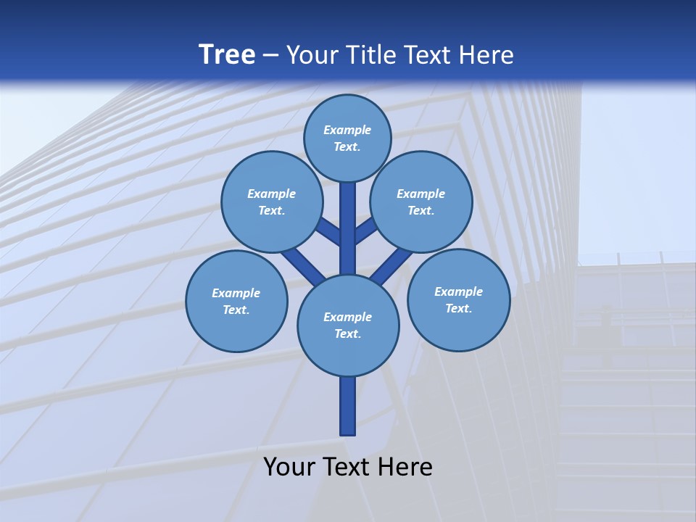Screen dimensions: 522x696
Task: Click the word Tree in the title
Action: click(227, 54)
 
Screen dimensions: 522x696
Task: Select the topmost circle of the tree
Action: click(347, 138)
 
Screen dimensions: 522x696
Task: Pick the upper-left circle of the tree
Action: click(272, 202)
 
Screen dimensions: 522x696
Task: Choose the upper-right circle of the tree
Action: click(421, 202)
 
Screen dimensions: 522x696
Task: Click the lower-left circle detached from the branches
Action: click(236, 301)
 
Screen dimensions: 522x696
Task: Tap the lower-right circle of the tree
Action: click(458, 299)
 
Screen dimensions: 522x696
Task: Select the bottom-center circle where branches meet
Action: click(348, 325)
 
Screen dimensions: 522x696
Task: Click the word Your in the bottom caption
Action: click(289, 467)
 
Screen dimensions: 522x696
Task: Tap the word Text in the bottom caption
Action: click(347, 467)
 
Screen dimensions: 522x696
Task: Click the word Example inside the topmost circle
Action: click(347, 130)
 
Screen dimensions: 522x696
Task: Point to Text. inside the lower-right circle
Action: click(458, 308)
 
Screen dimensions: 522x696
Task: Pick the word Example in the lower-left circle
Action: click(236, 293)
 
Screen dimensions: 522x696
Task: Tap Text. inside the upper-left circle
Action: click(272, 210)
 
